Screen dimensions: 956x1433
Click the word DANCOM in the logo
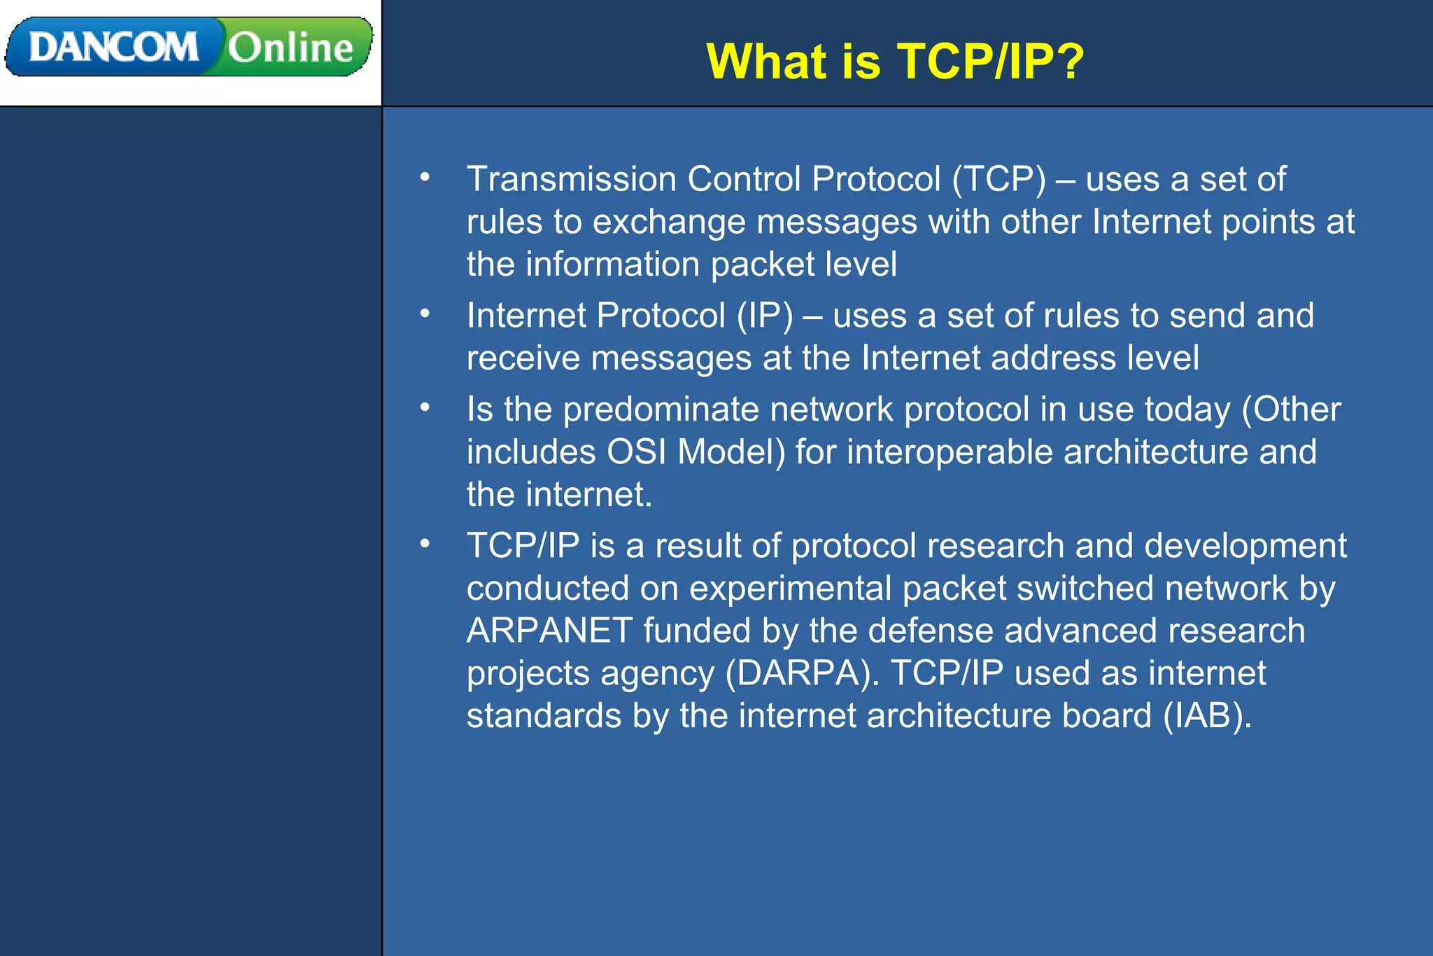tap(113, 48)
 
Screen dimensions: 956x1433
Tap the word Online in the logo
tap(290, 48)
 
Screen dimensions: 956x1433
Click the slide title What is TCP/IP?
tap(895, 61)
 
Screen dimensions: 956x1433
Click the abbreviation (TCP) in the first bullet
tap(998, 178)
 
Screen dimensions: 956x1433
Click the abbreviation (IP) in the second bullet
tap(765, 315)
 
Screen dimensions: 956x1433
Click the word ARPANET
tap(550, 631)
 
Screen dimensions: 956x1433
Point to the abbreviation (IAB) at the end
tap(1207, 716)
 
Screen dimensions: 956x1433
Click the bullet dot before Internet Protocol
tap(425, 314)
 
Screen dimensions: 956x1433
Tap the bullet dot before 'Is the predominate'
tap(425, 407)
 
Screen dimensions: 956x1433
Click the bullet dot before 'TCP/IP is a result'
tap(425, 543)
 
